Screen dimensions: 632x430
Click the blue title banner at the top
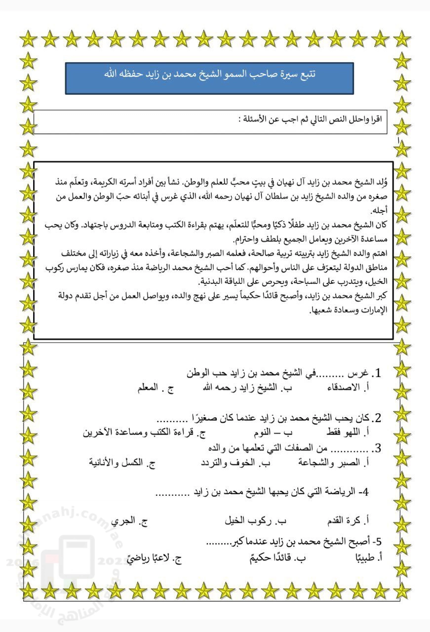coord(209,78)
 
